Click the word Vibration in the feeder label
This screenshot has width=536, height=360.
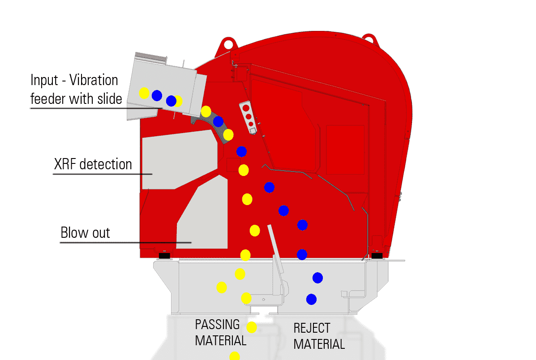click(94, 80)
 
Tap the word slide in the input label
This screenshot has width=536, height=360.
click(110, 99)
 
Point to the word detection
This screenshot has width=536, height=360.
click(106, 164)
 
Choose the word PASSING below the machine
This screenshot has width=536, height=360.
click(217, 325)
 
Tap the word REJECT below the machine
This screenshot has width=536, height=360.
click(312, 328)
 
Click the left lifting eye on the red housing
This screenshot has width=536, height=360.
click(228, 44)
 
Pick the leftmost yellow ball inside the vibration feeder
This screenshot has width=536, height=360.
click(144, 93)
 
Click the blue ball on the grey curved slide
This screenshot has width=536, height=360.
click(218, 121)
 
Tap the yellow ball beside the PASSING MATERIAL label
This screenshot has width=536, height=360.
click(252, 327)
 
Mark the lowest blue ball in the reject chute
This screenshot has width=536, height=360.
click(311, 300)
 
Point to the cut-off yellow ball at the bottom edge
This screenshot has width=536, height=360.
click(235, 356)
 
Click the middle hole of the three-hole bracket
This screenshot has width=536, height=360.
click(249, 117)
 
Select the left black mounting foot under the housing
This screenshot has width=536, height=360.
click(164, 255)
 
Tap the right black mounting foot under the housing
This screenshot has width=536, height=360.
click(377, 255)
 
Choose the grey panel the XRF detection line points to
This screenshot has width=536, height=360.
click(179, 160)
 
